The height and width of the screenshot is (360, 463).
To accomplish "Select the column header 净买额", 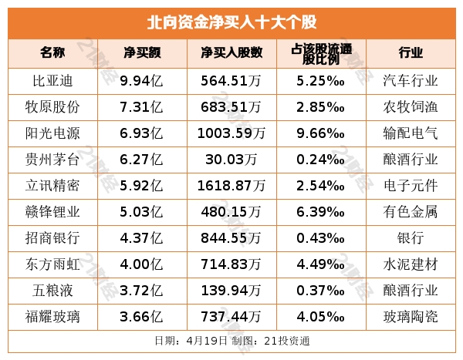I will coord(141,52).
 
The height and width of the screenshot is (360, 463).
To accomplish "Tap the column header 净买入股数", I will coord(231,52).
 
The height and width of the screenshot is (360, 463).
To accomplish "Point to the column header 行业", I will coord(411,52).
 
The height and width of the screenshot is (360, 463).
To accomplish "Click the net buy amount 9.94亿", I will coord(141,79).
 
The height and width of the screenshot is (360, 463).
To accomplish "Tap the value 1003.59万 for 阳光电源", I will coord(231,133).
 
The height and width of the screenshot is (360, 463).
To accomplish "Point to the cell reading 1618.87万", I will coord(231,185).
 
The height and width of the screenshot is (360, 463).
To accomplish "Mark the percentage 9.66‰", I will coord(320,133).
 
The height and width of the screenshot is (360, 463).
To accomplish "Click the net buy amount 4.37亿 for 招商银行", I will coord(141,237).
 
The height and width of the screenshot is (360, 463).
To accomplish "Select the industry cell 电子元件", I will coord(411,185).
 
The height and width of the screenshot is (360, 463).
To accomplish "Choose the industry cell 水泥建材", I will coord(411,264).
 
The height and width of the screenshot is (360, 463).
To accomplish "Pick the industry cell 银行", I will coord(411,237).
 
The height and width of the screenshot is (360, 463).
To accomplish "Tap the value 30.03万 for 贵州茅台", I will coord(231,159).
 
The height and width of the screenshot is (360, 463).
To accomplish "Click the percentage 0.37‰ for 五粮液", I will coord(320,290).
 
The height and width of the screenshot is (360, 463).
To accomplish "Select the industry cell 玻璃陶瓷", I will coord(411,316).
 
